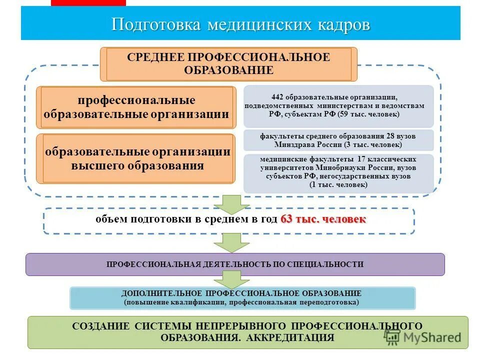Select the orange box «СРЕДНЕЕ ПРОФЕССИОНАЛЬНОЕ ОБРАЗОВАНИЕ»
point(229,64)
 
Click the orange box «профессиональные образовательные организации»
point(135,107)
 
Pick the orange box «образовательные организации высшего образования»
point(135,158)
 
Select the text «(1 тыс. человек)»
point(338,185)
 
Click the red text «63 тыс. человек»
point(323,219)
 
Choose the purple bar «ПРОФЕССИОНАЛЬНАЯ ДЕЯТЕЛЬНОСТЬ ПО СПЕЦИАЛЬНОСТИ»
point(235,264)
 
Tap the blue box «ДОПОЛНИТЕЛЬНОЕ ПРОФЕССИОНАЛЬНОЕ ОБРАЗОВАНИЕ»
point(242,297)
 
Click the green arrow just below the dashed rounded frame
point(231,203)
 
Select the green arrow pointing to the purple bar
point(231,242)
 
